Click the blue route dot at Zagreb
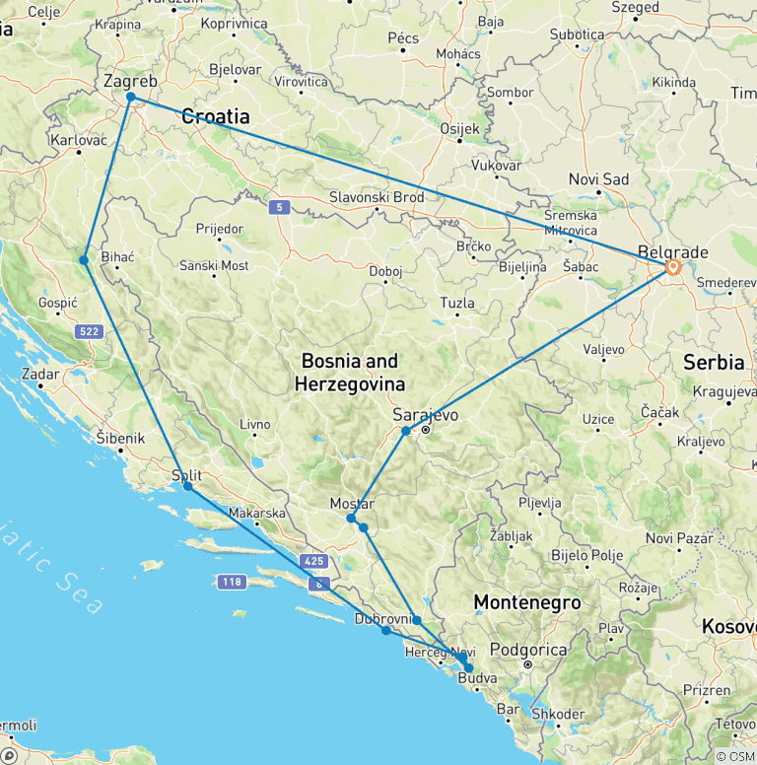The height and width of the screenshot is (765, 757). pos(130,97)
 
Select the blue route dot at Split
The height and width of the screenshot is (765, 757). pos(187,486)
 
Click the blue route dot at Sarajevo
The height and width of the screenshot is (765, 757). pos(406,431)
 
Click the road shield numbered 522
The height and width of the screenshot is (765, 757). pos(89,332)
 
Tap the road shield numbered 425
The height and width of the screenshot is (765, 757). pos(313,561)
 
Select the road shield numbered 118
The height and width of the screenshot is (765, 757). pos(232,582)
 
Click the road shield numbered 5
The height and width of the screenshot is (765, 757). pos(281,207)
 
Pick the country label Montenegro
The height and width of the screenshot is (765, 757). pos(526,601)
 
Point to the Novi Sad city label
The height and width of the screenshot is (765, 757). pos(598,179)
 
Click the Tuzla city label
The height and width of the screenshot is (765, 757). pos(457,304)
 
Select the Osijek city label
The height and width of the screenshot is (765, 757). pos(457,129)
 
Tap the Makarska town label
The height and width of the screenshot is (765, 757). pos(256,514)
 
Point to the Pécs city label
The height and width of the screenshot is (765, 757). pos(404,38)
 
